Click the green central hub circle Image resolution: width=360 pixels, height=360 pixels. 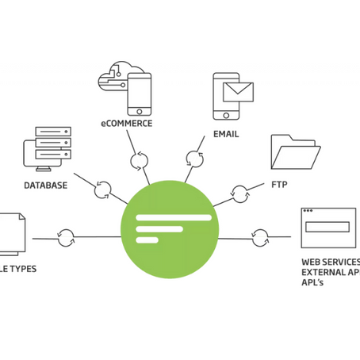point(168,230)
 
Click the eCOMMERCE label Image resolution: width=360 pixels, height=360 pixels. point(126,124)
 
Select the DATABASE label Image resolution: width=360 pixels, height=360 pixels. point(45,186)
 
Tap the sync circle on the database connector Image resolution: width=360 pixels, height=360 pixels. point(101,190)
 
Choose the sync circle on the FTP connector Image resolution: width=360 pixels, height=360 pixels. point(239,191)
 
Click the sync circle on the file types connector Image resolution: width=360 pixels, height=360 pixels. point(66,236)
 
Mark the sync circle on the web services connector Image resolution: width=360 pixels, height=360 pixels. point(259,236)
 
